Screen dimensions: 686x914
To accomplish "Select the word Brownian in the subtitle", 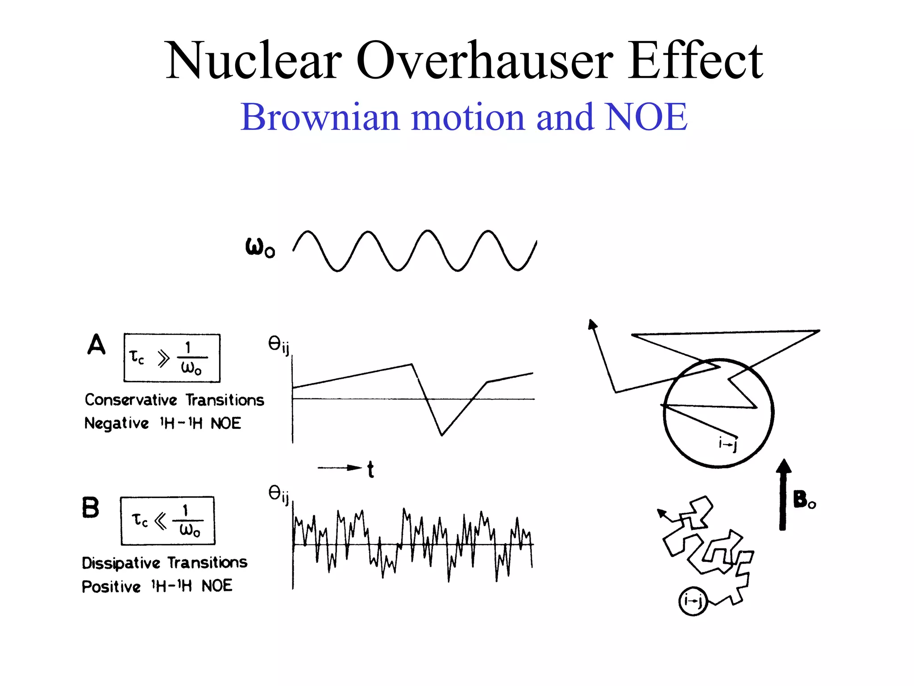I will [x=320, y=117].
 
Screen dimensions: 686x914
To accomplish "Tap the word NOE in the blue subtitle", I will [x=646, y=117].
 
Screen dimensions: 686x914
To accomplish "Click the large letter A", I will [x=96, y=344].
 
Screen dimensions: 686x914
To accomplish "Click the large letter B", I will [x=91, y=508].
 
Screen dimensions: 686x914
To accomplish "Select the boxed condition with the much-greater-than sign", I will [x=172, y=358].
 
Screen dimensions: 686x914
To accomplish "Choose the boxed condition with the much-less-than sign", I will [x=167, y=521].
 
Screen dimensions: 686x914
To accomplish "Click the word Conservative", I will [x=131, y=400].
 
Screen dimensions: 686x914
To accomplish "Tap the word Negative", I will [x=116, y=423].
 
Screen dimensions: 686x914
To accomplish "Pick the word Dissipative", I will [x=120, y=563].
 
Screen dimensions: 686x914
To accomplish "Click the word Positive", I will [x=111, y=586].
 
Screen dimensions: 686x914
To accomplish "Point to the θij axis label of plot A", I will [x=278, y=345].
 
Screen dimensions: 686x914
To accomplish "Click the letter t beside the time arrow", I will [x=370, y=469].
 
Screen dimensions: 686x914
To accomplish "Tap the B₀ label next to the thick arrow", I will [x=804, y=499].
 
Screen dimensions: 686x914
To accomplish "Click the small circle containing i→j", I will [x=693, y=601].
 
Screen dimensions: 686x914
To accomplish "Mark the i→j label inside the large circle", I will [x=727, y=444].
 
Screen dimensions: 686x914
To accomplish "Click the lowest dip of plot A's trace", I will [x=441, y=435].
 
